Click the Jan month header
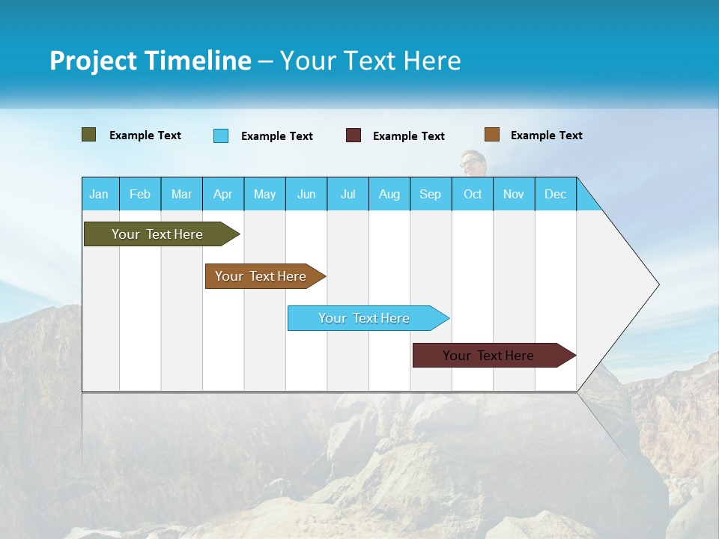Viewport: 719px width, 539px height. (99, 194)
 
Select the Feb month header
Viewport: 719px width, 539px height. (140, 194)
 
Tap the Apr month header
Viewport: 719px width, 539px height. (223, 194)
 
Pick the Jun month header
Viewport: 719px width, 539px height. (306, 194)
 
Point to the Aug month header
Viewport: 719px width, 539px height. (389, 194)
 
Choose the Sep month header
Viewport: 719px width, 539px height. (431, 194)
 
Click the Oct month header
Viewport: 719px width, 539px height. (473, 194)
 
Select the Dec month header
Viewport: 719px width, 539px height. (556, 194)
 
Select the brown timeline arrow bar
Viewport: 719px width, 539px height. (262, 276)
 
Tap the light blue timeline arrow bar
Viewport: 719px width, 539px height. (365, 318)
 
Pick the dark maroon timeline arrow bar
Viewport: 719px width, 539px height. (491, 356)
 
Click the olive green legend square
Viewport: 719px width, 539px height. (89, 135)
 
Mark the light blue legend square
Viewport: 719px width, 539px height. (221, 135)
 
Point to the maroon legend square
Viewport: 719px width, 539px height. (354, 135)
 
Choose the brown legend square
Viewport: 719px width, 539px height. (491, 135)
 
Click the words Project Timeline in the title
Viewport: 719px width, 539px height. (151, 61)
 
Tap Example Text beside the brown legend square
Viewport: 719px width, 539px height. (546, 135)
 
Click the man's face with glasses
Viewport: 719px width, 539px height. (472, 164)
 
